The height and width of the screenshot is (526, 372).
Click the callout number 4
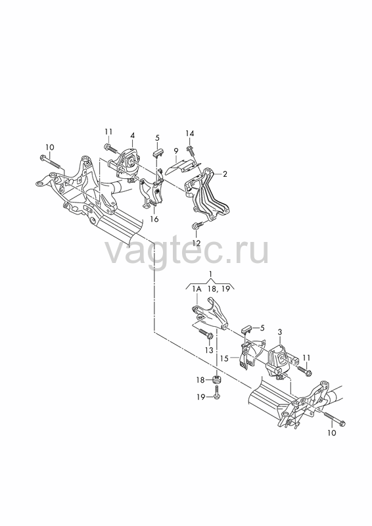pos(133,135)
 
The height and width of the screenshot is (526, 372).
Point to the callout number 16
pos(154,219)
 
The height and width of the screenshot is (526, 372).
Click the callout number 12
pos(197,243)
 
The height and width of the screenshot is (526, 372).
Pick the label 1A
pos(197,289)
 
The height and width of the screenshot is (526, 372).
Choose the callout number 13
pos(209,350)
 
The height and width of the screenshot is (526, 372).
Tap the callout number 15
pos(224,358)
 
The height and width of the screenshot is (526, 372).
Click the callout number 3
pos(280,332)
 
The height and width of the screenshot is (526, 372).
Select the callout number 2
pos(225,174)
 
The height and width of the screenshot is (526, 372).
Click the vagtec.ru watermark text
pos(187,251)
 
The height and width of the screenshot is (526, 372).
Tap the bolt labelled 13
pos(205,333)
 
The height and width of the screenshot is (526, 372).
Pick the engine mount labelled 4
pos(126,164)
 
